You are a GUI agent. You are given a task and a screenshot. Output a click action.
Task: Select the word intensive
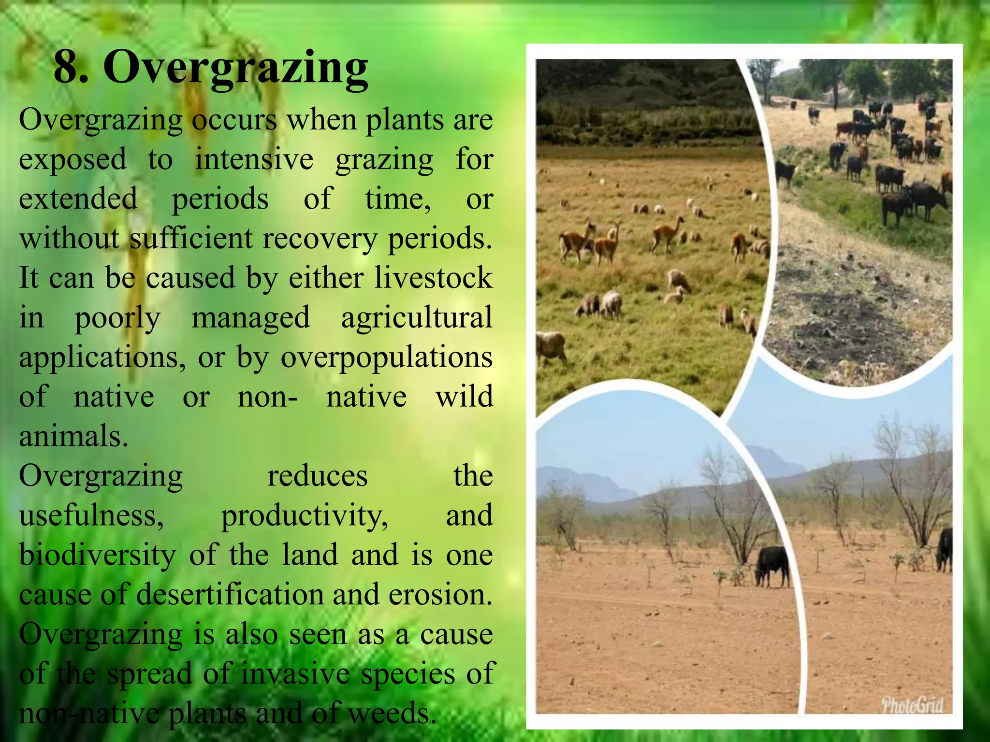254,160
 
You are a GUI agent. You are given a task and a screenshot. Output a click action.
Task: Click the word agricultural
417,318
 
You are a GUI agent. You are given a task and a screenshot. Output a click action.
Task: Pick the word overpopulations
387,358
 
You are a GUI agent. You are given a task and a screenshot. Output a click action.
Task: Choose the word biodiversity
97,555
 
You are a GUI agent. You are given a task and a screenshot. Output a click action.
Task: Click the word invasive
295,674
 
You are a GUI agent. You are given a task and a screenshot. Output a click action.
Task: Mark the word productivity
305,515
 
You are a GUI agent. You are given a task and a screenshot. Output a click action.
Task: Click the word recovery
320,239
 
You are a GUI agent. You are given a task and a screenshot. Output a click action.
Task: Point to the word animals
73,436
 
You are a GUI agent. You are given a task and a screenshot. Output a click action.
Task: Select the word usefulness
91,515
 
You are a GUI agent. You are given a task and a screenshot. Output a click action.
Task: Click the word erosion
440,595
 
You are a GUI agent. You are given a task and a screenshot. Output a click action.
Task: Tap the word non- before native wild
268,398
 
